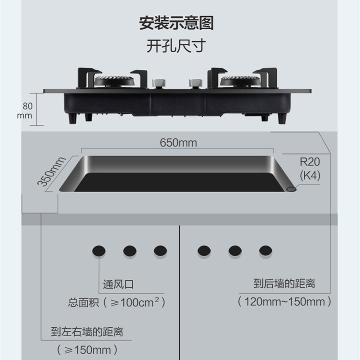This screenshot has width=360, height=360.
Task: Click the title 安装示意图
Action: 176,23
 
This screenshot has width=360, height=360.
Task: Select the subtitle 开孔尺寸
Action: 176,46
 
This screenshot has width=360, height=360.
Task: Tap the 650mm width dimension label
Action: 179,143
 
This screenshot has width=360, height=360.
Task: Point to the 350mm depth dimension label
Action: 51,171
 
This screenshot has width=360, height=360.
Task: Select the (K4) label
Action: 310,176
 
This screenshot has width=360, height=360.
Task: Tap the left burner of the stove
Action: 114,82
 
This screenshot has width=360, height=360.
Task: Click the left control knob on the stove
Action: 158,83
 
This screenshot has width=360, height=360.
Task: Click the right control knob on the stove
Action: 195,83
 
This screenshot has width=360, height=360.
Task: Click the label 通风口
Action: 118,285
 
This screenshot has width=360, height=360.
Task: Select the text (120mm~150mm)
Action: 285,301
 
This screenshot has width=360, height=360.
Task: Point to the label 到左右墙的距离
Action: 87,333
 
